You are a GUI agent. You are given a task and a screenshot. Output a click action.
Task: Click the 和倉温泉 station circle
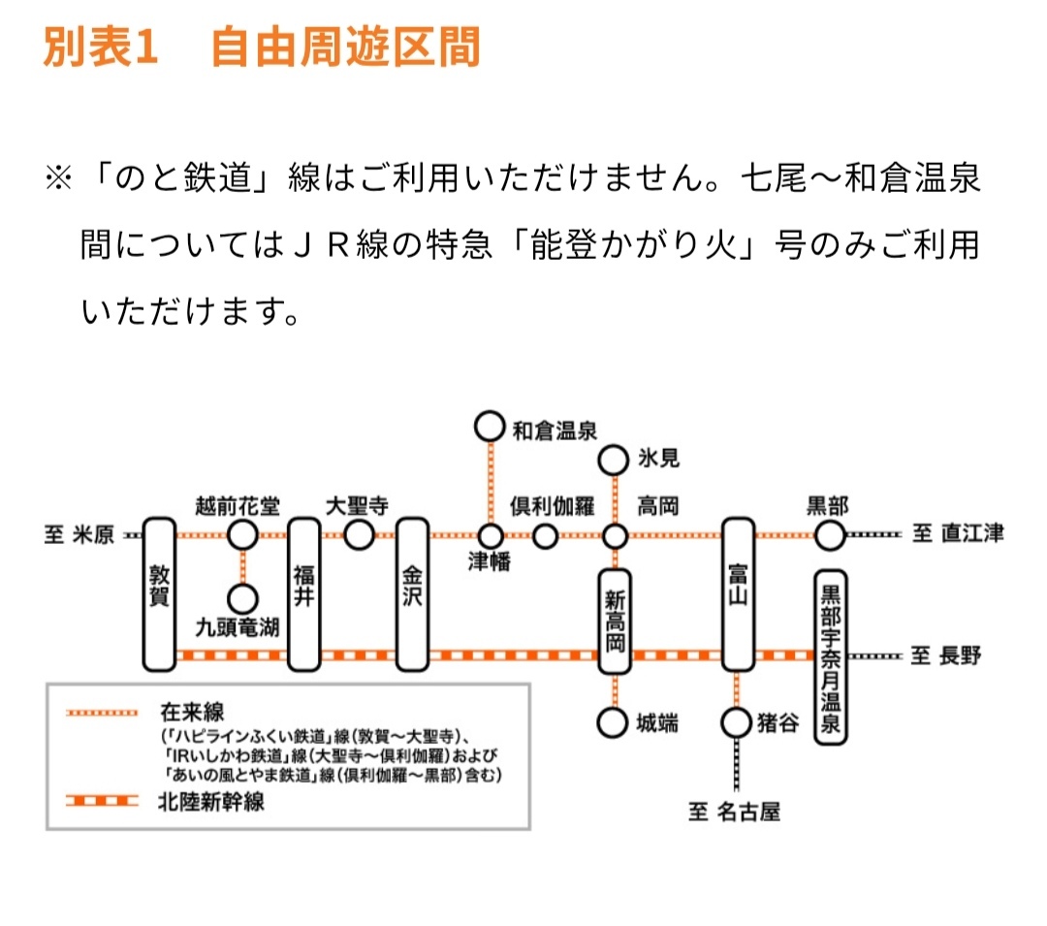[491, 426]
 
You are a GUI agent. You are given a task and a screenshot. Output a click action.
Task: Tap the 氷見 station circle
[613, 458]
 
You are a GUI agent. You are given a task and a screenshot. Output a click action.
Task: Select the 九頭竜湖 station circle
[242, 599]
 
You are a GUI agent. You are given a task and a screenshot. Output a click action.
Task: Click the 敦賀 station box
[159, 594]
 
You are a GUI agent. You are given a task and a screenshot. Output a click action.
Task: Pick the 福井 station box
[304, 594]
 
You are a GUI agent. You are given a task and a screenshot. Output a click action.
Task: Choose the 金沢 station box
[413, 594]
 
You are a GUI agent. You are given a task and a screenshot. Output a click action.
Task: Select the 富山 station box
[739, 594]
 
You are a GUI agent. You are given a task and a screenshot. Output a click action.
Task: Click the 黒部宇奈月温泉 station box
[830, 656]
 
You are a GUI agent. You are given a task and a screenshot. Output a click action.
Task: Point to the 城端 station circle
[613, 722]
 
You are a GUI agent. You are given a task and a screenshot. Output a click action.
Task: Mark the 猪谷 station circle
[737, 722]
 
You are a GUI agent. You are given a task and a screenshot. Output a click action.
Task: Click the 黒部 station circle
[829, 534]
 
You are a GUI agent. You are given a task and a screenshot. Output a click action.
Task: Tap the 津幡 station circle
[491, 535]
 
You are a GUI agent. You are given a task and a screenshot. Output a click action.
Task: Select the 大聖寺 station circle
[359, 534]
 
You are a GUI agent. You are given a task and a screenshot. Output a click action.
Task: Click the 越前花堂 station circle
[242, 534]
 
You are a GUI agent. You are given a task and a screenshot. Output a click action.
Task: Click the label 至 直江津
[957, 533]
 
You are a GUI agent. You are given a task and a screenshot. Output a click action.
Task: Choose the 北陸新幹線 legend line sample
[103, 802]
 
